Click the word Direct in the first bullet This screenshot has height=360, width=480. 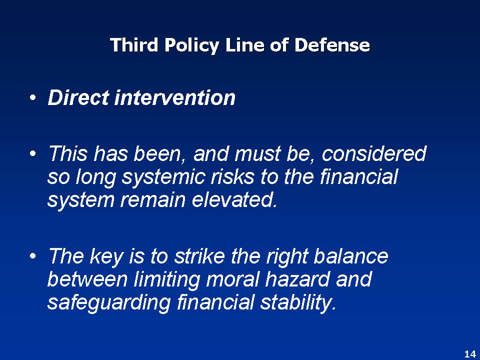(x=78, y=98)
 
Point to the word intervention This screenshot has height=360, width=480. (x=175, y=98)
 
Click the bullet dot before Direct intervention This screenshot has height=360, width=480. (x=33, y=98)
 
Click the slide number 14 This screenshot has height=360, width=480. (x=469, y=354)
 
